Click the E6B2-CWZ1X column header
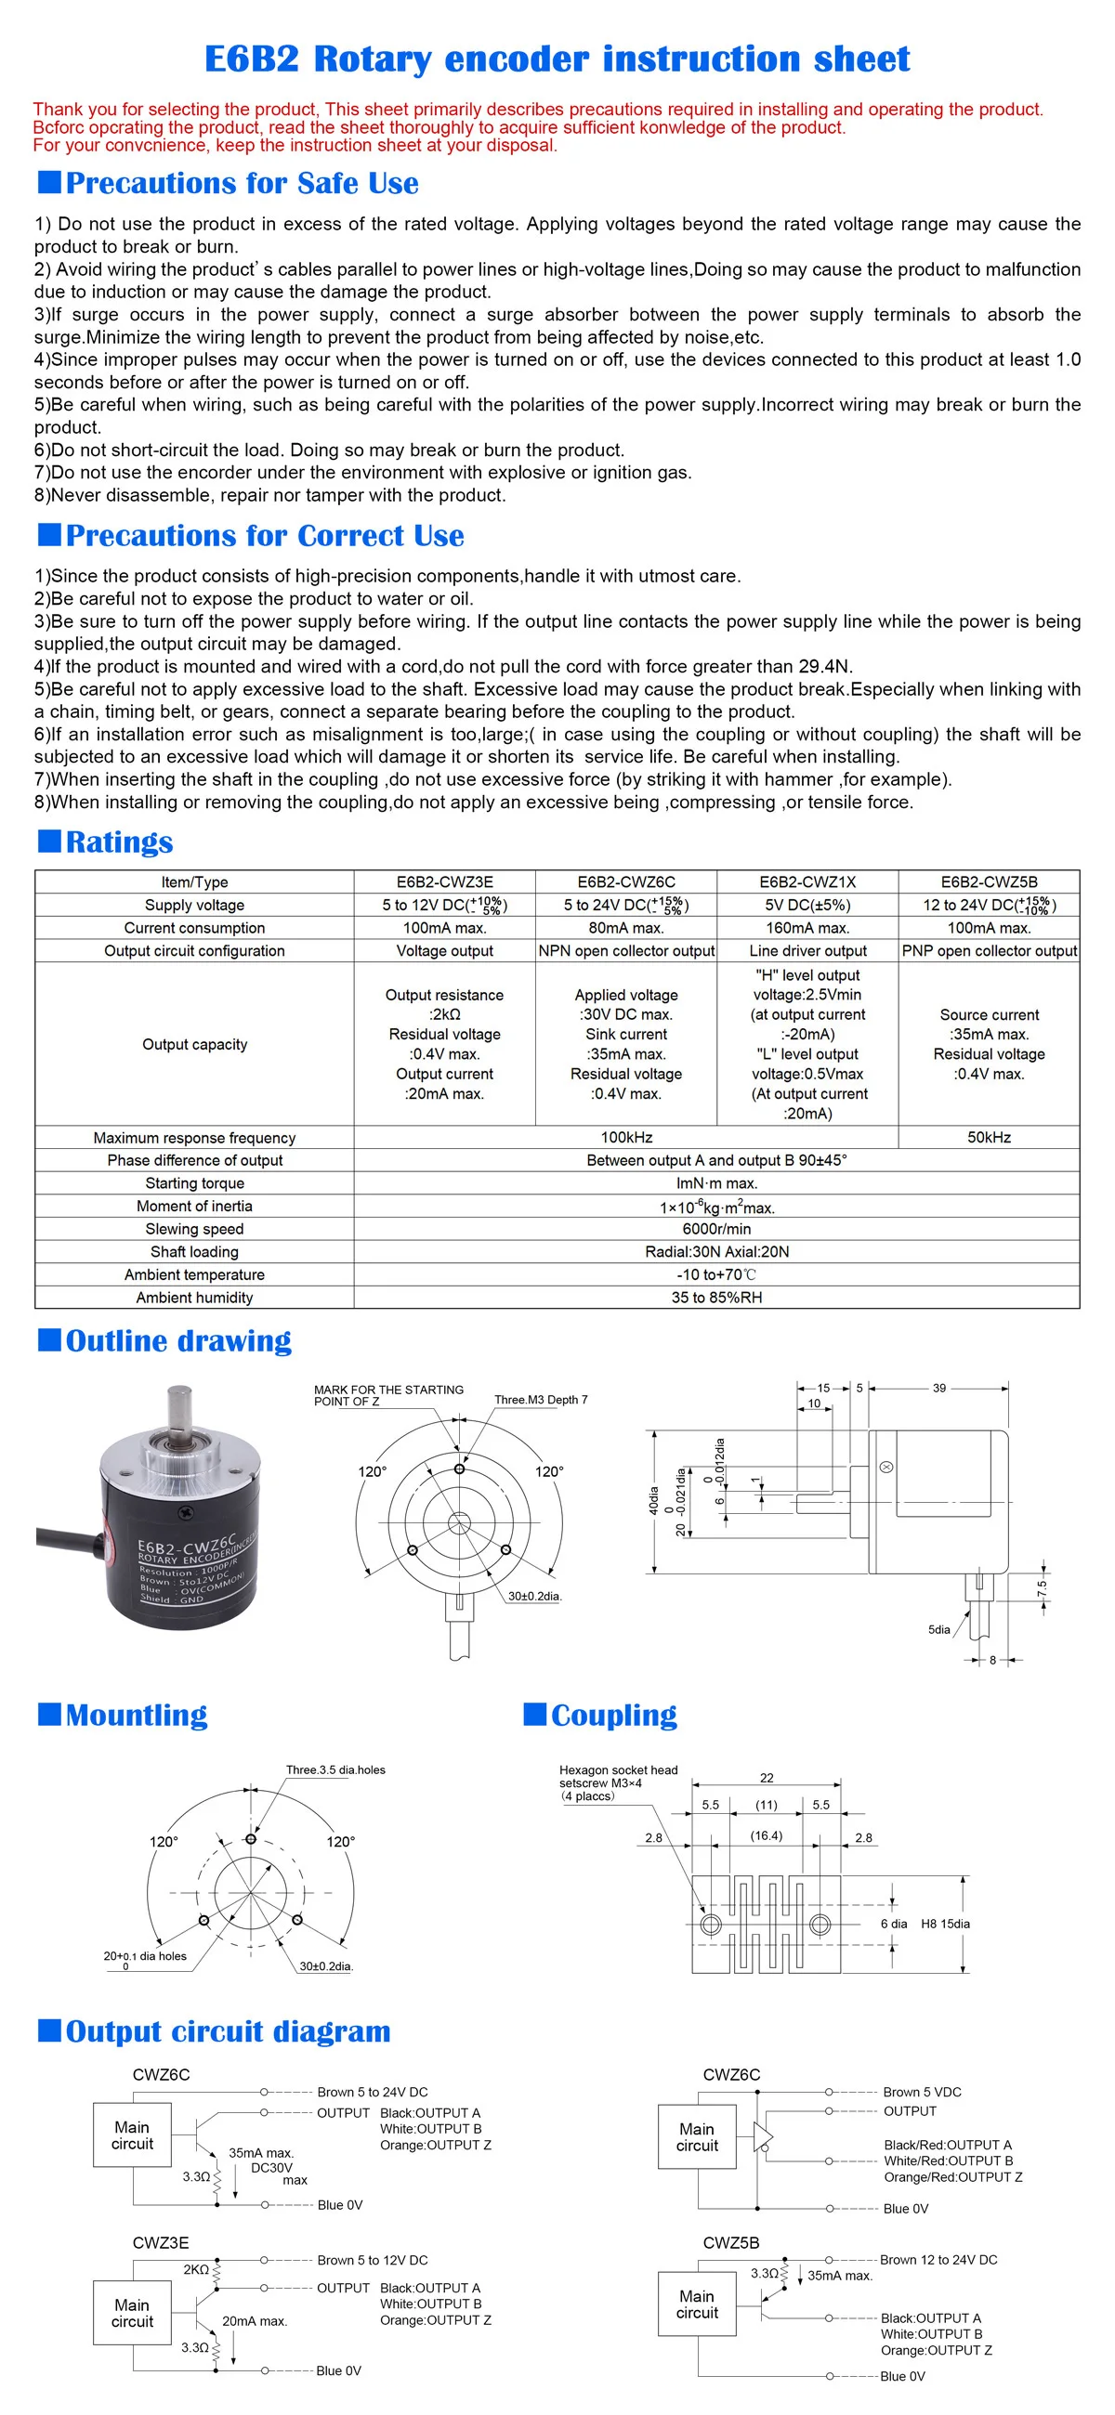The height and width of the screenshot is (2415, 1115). tap(807, 881)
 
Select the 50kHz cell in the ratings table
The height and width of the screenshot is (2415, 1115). tap(989, 1137)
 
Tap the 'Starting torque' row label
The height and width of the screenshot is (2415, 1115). tap(194, 1183)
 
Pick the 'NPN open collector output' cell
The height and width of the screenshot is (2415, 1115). tap(625, 950)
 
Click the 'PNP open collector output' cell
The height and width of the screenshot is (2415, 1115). tap(989, 950)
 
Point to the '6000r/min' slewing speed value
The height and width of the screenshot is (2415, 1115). tap(716, 1229)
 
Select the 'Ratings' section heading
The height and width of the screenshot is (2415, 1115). tap(119, 842)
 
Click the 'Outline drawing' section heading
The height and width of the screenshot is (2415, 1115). tap(178, 1340)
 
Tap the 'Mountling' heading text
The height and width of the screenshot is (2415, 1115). tap(136, 1715)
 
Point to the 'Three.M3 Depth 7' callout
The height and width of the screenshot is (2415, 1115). tap(541, 1400)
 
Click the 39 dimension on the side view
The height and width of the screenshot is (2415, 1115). tap(938, 1389)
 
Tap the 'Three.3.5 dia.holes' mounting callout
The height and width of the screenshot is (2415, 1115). tap(335, 1770)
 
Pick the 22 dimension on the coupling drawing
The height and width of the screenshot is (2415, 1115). tap(767, 1779)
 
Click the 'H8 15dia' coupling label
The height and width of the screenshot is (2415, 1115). tap(945, 1924)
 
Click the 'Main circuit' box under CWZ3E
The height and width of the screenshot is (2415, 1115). tap(132, 2313)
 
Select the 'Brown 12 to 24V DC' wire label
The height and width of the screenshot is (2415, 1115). tap(938, 2259)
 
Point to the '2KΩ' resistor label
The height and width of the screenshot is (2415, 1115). tap(196, 2270)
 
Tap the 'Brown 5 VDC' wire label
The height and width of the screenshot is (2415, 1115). tap(922, 2092)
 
